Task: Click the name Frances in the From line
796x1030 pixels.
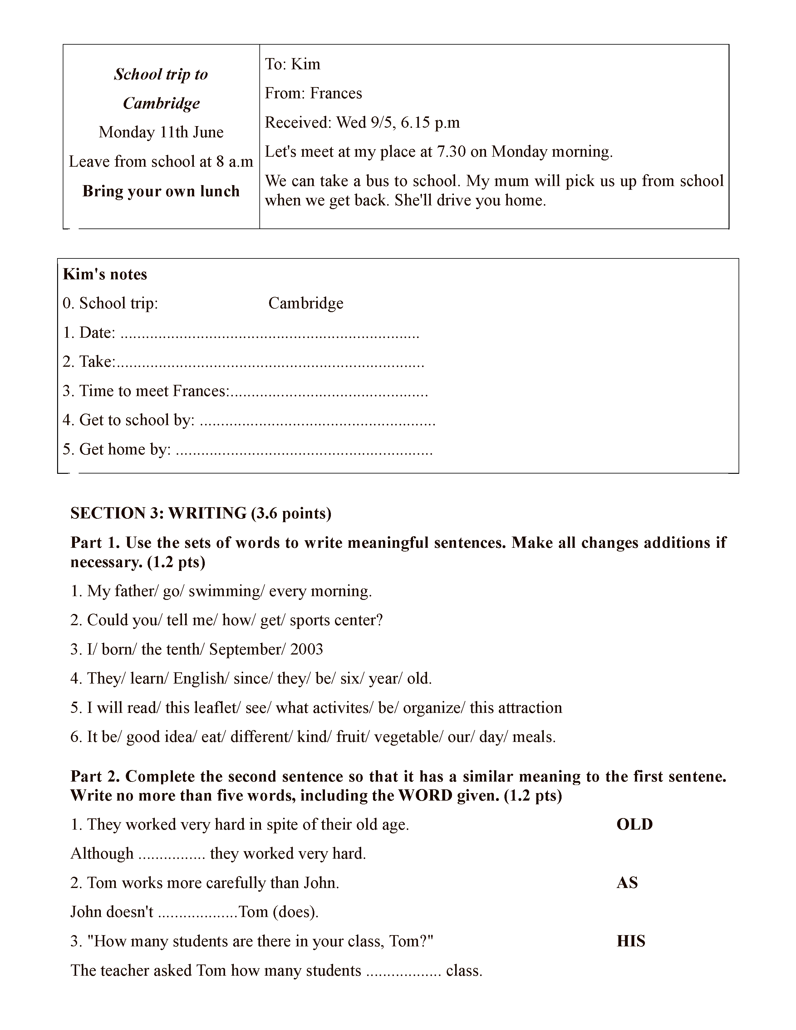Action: [x=336, y=93]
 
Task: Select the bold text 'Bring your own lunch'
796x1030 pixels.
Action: [x=161, y=191]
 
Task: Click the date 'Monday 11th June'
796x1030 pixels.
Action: [x=161, y=132]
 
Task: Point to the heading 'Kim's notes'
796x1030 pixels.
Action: [x=105, y=274]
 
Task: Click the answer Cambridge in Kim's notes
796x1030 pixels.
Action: [x=306, y=303]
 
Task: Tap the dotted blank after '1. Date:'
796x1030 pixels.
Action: [x=270, y=334]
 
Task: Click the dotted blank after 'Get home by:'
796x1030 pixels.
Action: [x=304, y=450]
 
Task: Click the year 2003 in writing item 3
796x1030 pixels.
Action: [x=307, y=650]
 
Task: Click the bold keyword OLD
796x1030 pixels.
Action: [x=634, y=824]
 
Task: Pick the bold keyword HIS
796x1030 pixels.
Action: [x=631, y=941]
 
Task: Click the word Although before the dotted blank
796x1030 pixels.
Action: [x=102, y=854]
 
